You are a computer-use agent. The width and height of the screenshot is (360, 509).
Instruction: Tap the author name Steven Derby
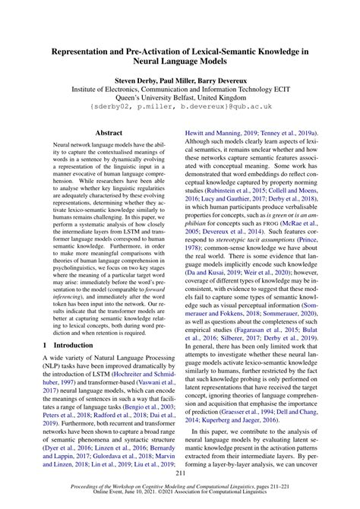click(139, 78)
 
